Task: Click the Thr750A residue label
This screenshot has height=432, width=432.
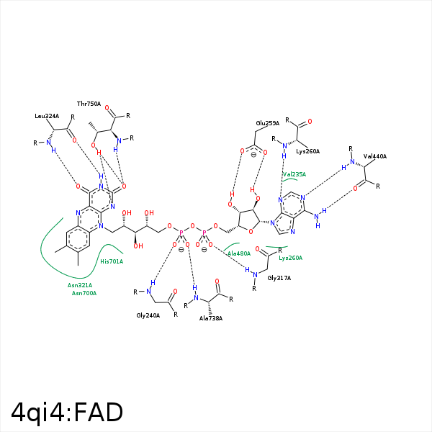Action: click(89, 104)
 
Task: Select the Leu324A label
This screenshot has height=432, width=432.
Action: click(47, 116)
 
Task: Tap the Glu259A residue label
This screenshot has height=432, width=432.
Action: click(268, 123)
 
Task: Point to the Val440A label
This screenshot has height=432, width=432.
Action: click(375, 156)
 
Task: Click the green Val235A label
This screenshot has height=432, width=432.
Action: click(294, 174)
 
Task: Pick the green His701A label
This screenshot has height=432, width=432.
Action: click(112, 261)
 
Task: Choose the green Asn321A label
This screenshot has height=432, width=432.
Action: click(80, 285)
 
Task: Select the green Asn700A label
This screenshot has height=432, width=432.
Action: click(84, 293)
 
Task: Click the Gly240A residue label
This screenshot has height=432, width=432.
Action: click(148, 315)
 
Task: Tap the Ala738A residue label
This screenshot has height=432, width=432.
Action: click(211, 318)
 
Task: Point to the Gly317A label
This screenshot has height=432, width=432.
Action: click(279, 278)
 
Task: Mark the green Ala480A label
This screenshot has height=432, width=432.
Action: click(239, 253)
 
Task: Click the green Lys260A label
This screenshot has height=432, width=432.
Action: click(291, 258)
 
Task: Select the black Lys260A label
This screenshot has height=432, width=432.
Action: click(307, 151)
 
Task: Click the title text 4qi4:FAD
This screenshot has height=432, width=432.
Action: click(67, 413)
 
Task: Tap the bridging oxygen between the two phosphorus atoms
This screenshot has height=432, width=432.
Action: click(192, 226)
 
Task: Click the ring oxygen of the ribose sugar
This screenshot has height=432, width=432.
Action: click(251, 232)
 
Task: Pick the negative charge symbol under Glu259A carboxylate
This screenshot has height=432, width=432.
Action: click(253, 155)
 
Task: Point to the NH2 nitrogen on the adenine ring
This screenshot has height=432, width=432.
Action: click(316, 217)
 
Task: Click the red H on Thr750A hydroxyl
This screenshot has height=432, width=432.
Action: click(99, 153)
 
